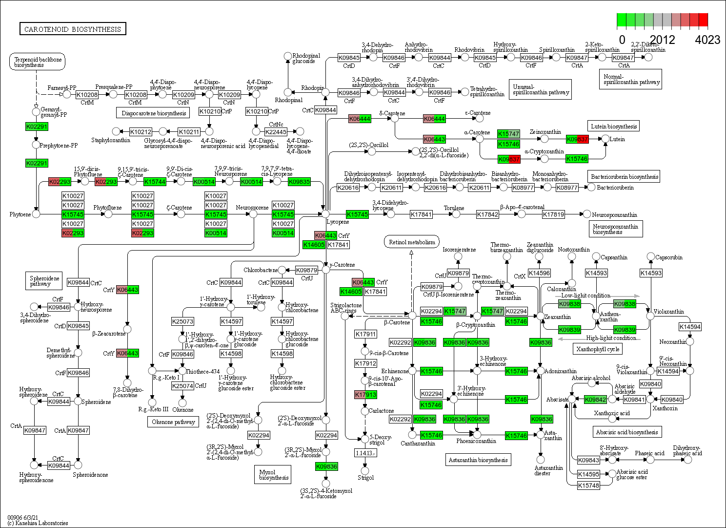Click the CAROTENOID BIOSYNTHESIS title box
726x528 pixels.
[72, 29]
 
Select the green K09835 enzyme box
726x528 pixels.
[299, 182]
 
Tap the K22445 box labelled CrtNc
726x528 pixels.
[276, 131]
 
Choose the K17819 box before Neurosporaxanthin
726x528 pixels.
[553, 214]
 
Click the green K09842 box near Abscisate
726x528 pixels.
[595, 400]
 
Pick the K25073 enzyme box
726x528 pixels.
[182, 321]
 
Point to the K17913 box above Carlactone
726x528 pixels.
[365, 395]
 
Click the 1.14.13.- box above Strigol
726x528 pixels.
[365, 453]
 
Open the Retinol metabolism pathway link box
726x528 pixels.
[412, 242]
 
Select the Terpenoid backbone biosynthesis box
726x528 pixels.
[38, 62]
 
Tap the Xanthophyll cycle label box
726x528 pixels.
[598, 349]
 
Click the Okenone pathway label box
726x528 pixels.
[173, 422]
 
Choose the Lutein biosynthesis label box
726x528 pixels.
[614, 126]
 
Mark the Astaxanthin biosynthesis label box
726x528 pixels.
[478, 460]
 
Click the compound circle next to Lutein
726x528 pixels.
[605, 139]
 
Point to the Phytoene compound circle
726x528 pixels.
[36, 214]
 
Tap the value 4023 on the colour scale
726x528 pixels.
[707, 40]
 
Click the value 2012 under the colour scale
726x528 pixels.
[663, 40]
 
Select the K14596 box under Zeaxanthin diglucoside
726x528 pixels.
[539, 273]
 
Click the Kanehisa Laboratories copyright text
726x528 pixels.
[38, 523]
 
